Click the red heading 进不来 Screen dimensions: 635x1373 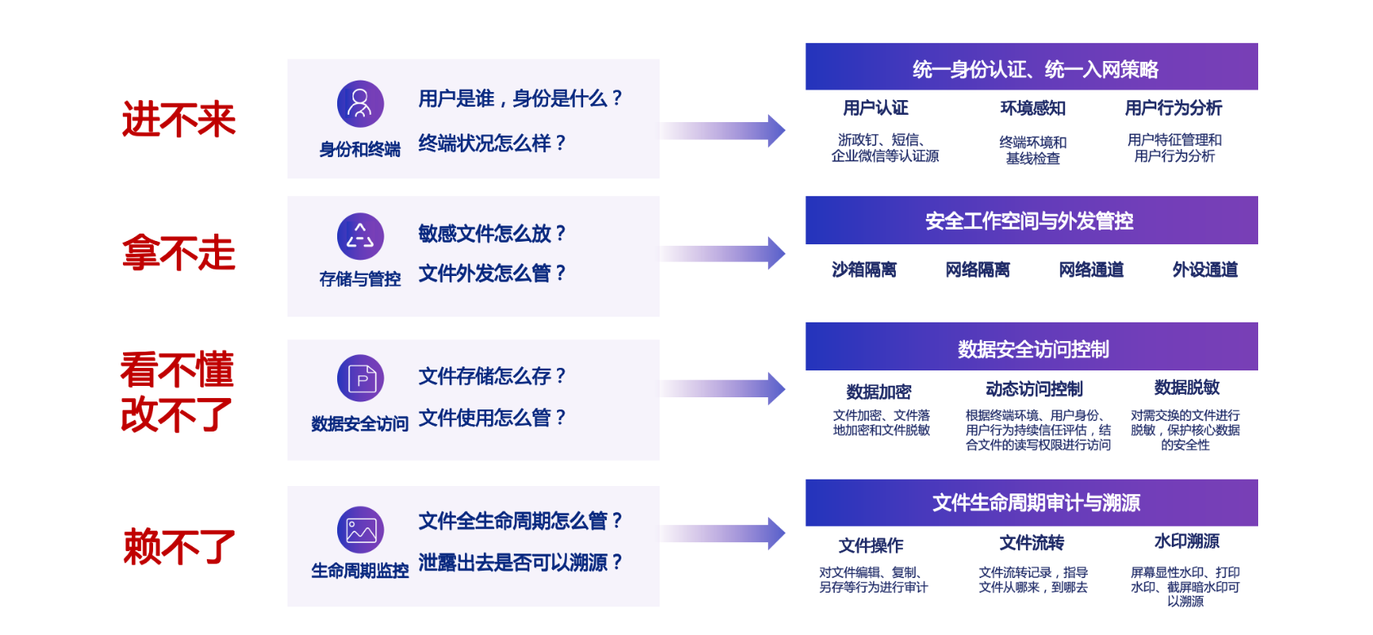click(179, 120)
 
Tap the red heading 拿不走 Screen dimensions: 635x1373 click(179, 253)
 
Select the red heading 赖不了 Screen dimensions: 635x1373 click(179, 546)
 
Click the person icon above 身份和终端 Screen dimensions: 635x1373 click(360, 103)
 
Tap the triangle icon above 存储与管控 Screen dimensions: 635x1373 click(360, 235)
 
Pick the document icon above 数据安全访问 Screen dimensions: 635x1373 click(360, 378)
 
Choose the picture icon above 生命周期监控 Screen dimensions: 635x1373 click(360, 530)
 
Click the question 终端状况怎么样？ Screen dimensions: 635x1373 click(492, 143)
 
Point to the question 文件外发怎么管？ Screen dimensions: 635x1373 click(492, 274)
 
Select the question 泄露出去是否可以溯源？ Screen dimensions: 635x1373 click(520, 563)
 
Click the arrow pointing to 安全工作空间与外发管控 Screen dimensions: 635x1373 click(723, 253)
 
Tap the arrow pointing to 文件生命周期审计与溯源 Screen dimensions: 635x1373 click(723, 534)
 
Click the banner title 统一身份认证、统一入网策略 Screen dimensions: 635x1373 click(1035, 69)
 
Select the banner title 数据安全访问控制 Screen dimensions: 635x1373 click(1033, 349)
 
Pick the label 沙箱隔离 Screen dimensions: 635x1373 click(864, 269)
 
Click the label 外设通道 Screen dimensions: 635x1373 click(1204, 269)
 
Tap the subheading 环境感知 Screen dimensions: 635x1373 click(1033, 108)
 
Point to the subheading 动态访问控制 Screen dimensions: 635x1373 click(1034, 389)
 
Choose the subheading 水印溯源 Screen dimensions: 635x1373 click(1187, 541)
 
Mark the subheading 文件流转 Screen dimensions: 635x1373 click(1032, 543)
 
